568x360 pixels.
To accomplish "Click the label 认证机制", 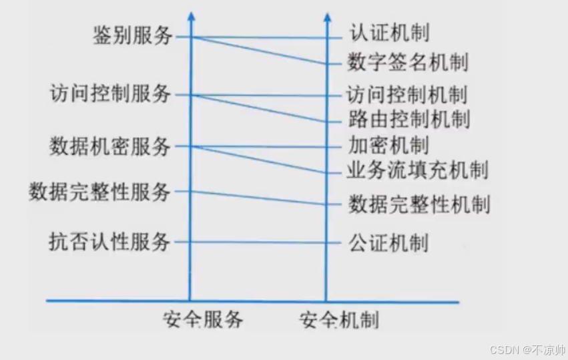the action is coord(388,33).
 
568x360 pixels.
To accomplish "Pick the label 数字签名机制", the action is coord(408,63).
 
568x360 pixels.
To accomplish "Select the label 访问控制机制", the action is coord(407,94).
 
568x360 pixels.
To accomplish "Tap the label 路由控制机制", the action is coord(408,120).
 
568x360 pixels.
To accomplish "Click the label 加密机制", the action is coord(388,145).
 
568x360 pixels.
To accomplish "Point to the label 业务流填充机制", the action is coord(417,170).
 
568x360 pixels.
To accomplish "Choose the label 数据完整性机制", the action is coord(418,204).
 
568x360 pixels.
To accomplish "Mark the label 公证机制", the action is coord(388,242).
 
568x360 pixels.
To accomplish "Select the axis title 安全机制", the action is coord(339,320).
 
